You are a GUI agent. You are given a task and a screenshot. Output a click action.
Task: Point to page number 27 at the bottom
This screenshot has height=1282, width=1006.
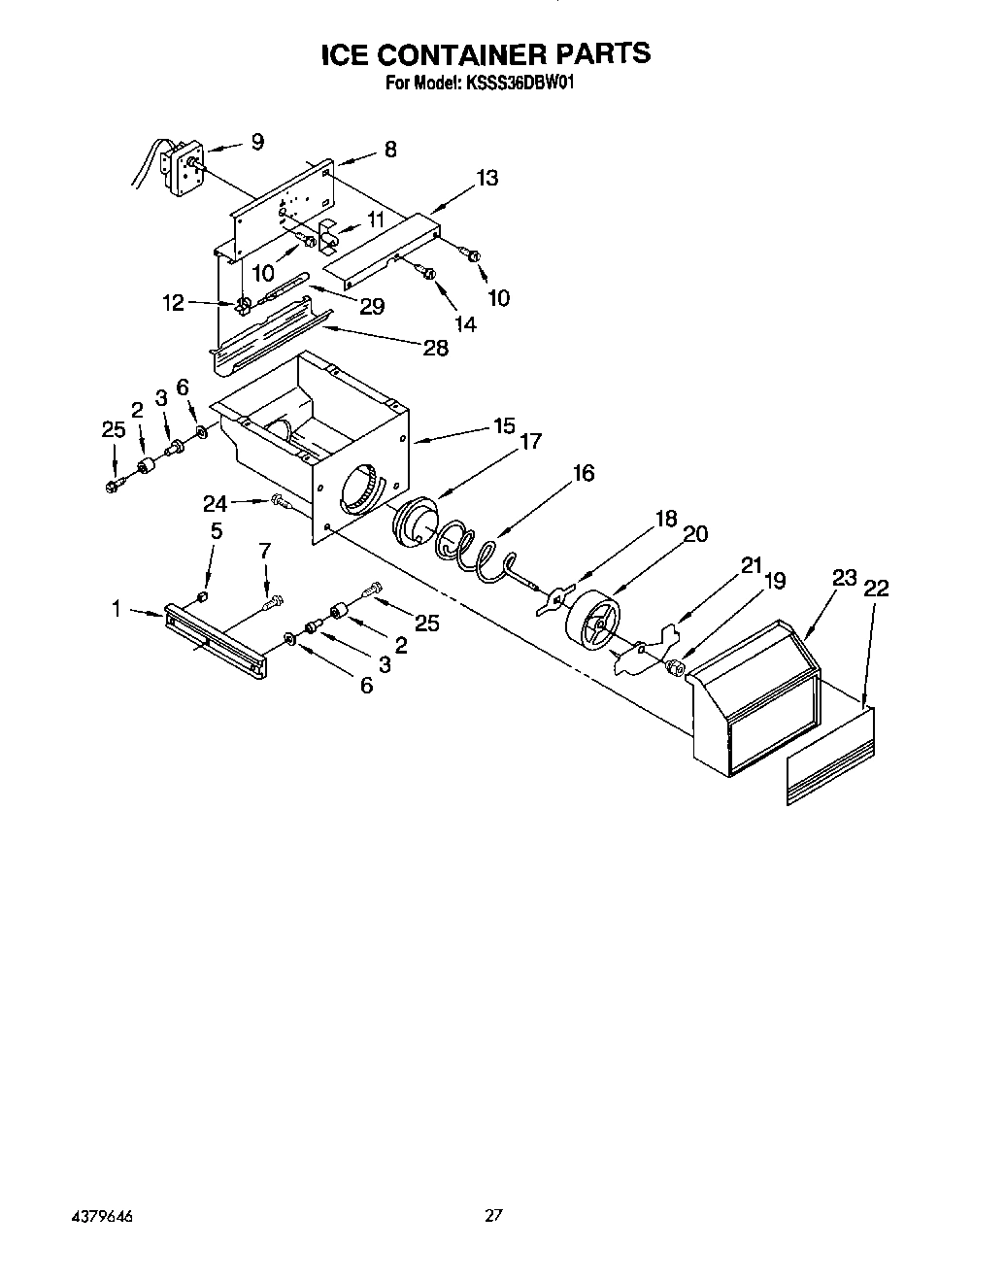(x=495, y=1215)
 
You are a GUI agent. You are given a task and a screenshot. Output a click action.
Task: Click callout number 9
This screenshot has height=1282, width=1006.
(x=256, y=142)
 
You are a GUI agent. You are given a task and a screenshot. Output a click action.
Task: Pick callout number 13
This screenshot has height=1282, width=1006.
(x=486, y=178)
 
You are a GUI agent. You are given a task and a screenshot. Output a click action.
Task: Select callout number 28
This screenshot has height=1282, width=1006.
(x=435, y=348)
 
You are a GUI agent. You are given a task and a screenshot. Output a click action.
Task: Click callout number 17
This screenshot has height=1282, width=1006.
(x=529, y=441)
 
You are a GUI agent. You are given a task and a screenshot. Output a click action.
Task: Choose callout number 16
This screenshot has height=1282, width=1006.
(x=583, y=473)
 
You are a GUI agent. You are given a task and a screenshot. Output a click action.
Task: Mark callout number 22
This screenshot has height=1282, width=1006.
(x=875, y=589)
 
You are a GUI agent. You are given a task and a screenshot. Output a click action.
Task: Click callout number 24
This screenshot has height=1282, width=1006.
(x=215, y=503)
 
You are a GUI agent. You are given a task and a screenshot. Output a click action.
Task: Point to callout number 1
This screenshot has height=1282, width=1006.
(x=117, y=609)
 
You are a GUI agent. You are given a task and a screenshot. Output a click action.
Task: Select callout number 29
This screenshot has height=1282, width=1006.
(x=371, y=306)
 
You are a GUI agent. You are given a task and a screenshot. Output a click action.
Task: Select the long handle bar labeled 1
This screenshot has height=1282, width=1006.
(x=216, y=637)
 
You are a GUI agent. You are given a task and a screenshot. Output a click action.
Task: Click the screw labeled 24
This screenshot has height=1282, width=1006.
(x=283, y=502)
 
